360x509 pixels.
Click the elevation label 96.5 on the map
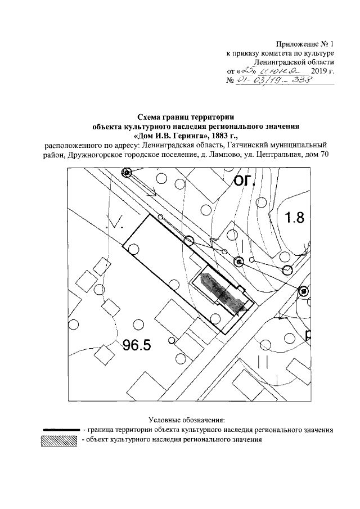(x=137, y=344)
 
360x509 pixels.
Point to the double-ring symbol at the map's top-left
(x=127, y=173)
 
